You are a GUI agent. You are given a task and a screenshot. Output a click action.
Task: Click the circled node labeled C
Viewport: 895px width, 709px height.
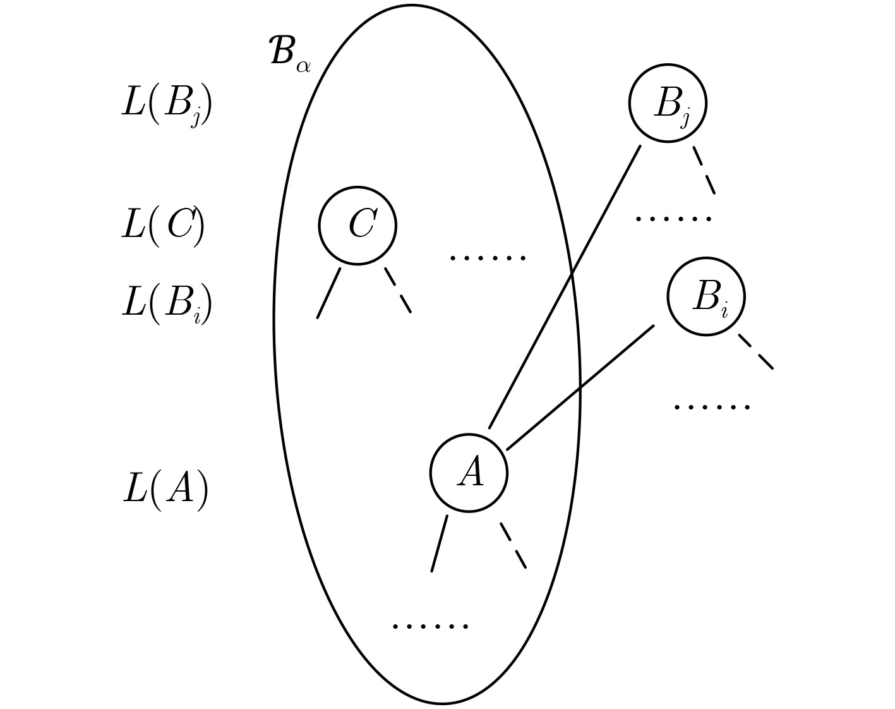click(x=357, y=225)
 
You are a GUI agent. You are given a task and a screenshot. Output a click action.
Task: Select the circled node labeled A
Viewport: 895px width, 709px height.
click(x=469, y=472)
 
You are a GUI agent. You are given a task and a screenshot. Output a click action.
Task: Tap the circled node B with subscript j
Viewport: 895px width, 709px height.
click(x=668, y=103)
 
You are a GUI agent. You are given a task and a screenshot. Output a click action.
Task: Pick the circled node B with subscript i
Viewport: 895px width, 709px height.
click(x=706, y=296)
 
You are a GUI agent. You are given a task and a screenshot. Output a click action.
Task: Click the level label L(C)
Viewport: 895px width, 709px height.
click(x=163, y=224)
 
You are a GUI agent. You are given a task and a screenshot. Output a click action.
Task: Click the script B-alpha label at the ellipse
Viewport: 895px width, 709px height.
click(x=289, y=52)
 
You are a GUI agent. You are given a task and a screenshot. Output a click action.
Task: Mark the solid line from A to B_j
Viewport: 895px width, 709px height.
click(x=565, y=287)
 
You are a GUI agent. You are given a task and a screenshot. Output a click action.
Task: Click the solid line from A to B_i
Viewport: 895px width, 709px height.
click(x=580, y=387)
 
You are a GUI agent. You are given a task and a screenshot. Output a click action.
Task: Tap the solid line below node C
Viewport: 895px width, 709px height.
click(x=328, y=293)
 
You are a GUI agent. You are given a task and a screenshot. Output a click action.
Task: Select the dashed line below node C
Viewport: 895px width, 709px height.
click(x=398, y=290)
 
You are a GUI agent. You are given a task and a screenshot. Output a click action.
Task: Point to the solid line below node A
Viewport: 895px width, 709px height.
click(x=440, y=543)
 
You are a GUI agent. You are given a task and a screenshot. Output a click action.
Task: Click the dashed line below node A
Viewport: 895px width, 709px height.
click(x=513, y=545)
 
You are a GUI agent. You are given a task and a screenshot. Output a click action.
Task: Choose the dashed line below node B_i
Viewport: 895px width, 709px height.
click(x=756, y=351)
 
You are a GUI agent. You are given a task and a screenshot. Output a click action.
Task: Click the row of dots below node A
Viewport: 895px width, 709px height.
click(x=430, y=626)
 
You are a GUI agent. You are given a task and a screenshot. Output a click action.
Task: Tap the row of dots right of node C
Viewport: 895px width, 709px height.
click(x=487, y=258)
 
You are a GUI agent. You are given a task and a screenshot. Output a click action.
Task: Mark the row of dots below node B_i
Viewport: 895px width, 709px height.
click(x=712, y=407)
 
